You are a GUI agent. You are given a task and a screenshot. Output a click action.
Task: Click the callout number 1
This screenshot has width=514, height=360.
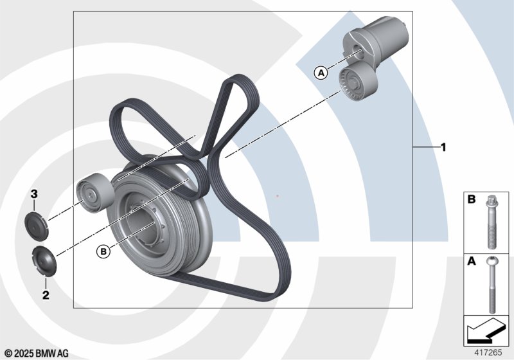click(443, 148)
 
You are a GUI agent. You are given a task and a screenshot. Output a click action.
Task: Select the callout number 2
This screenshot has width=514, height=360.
click(46, 295)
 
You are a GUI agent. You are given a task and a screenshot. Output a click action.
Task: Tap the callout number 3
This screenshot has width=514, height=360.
click(34, 194)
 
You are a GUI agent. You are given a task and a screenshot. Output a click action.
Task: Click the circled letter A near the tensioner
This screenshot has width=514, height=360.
click(321, 73)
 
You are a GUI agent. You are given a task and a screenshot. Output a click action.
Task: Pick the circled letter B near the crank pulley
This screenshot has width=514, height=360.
click(103, 251)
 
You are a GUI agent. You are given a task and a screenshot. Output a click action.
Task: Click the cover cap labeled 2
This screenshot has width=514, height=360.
click(44, 261)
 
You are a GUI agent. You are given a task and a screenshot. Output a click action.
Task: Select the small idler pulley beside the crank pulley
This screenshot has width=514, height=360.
click(95, 193)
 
